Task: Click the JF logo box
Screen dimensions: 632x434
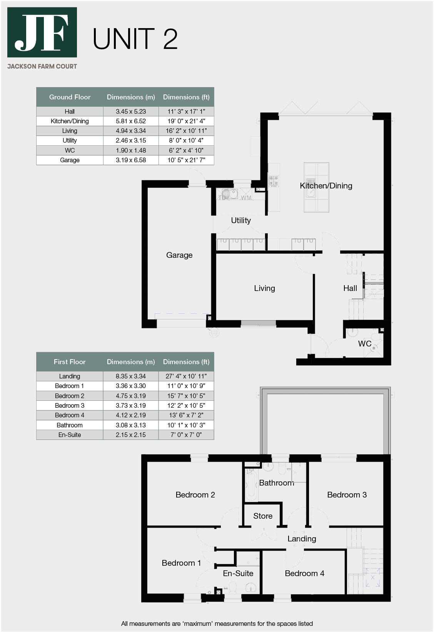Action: (x=42, y=32)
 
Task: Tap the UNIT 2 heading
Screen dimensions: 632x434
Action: (x=135, y=39)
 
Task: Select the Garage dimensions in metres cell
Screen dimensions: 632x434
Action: (x=131, y=160)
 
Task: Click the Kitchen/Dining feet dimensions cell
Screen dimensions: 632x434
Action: (x=186, y=121)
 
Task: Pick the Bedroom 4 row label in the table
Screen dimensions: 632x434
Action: (x=70, y=415)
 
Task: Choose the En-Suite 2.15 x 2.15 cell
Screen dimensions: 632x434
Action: (x=131, y=435)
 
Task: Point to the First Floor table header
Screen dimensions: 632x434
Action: (x=70, y=362)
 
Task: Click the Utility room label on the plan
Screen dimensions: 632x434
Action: (x=241, y=220)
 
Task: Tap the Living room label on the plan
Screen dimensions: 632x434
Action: (x=264, y=288)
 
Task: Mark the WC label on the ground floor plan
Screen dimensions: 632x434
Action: (x=364, y=343)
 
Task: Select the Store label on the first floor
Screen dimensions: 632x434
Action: (x=263, y=516)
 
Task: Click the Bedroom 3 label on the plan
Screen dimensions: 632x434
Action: (x=347, y=495)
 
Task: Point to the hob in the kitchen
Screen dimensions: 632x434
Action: (x=274, y=181)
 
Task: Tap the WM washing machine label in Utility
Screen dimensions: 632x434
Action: (x=246, y=198)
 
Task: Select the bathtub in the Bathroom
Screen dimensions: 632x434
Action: (x=251, y=484)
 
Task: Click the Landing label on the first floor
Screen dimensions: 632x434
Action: (x=302, y=539)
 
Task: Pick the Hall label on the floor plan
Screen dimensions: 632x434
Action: (x=350, y=288)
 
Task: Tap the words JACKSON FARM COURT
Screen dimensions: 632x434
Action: (x=42, y=66)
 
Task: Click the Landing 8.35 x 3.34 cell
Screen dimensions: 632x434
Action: (x=131, y=376)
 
